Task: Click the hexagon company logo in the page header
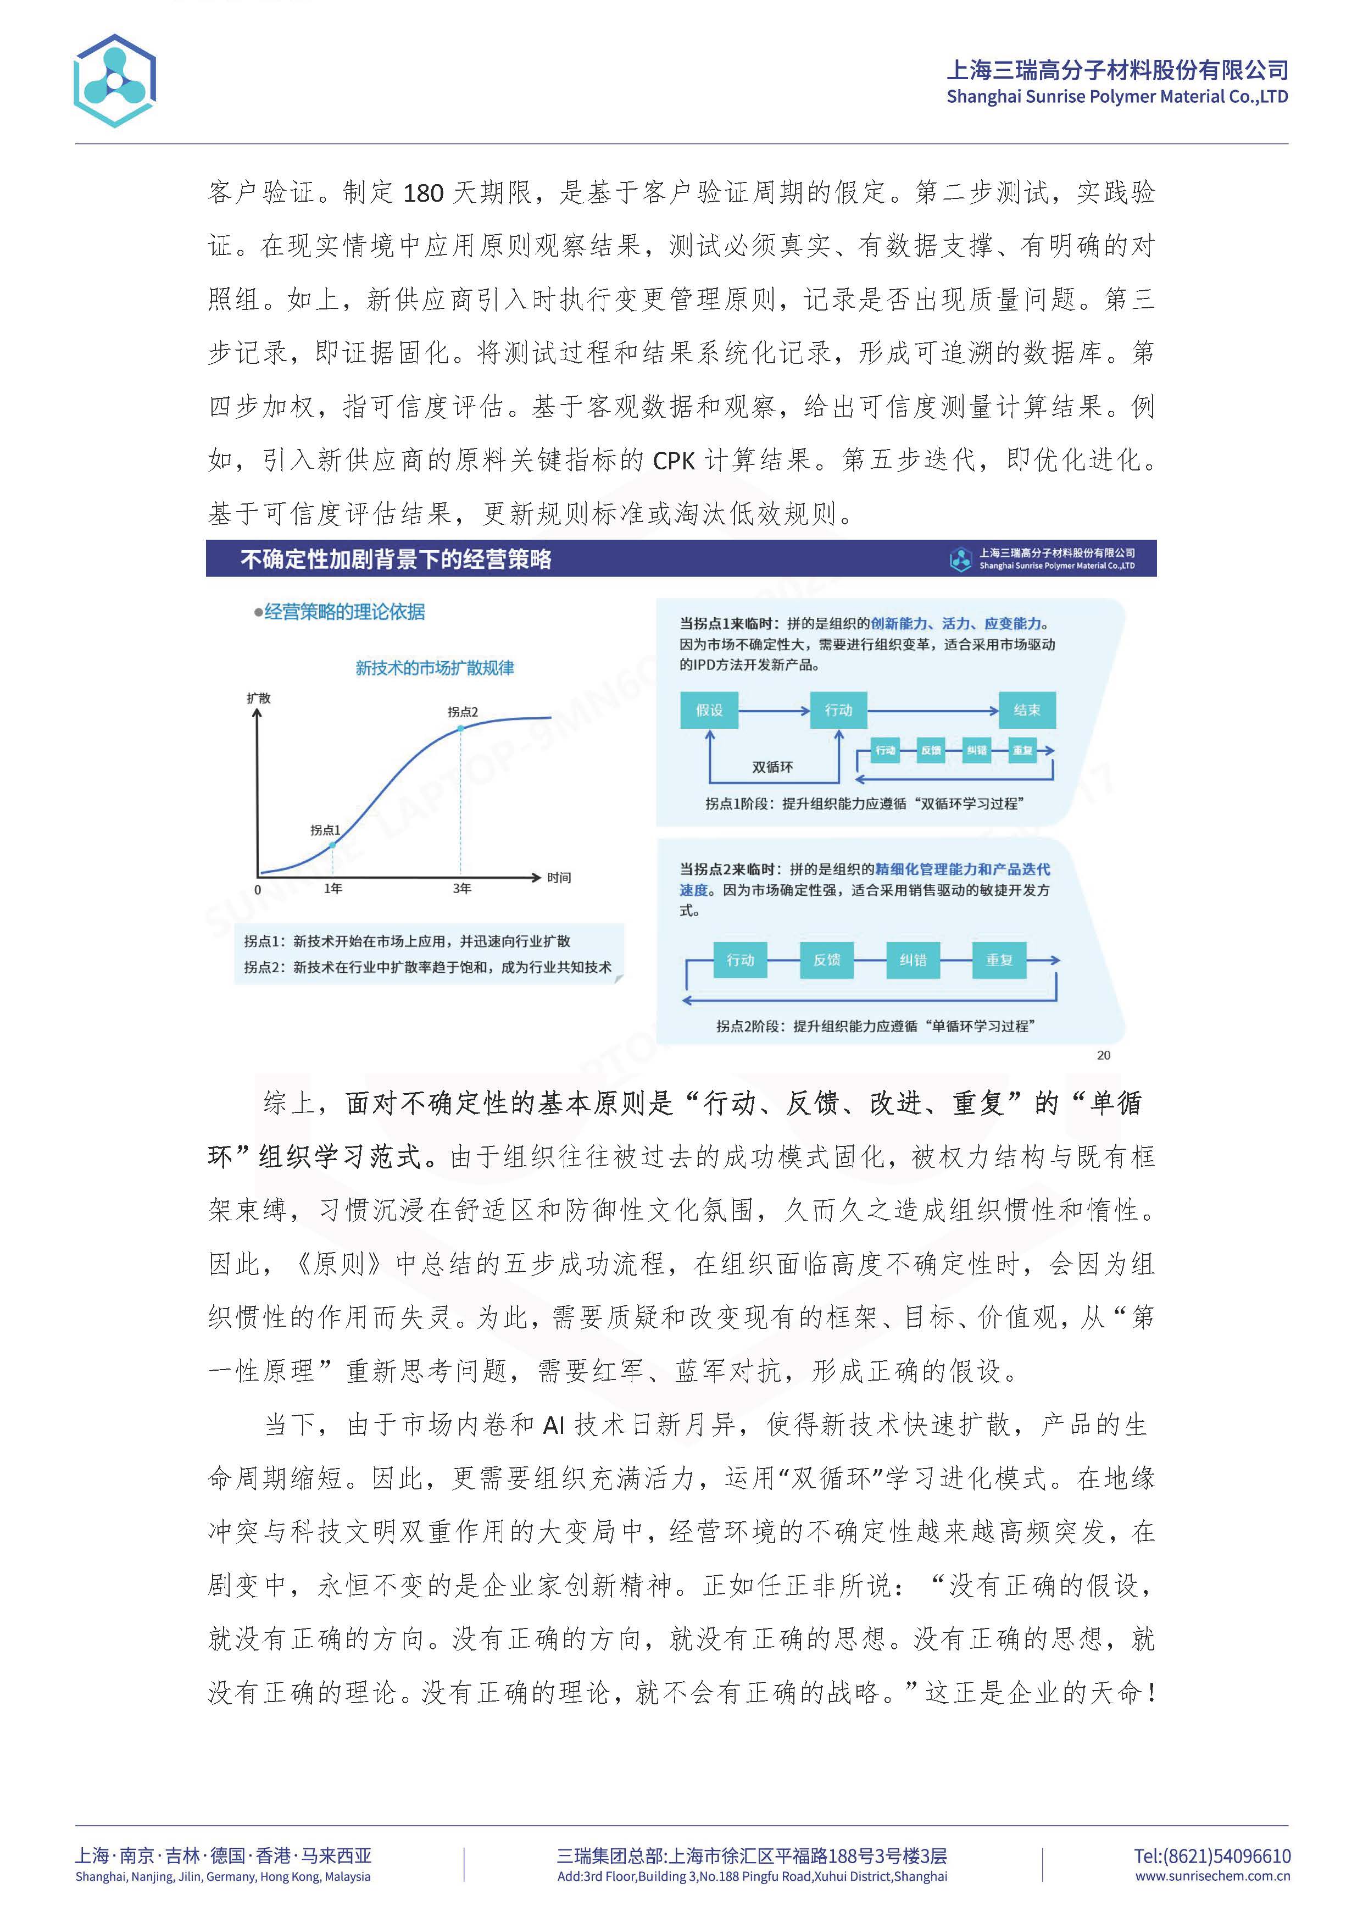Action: click(x=115, y=81)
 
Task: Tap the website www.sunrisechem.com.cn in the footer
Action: click(x=1212, y=1876)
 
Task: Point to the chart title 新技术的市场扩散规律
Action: click(x=435, y=668)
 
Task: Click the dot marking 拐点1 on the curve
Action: click(x=333, y=844)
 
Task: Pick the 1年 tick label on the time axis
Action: click(x=333, y=888)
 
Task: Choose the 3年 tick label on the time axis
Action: click(x=461, y=888)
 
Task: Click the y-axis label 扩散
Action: click(x=259, y=698)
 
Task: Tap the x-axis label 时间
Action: click(x=559, y=878)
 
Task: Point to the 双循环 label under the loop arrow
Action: click(x=772, y=767)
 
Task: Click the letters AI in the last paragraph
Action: click(x=554, y=1425)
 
